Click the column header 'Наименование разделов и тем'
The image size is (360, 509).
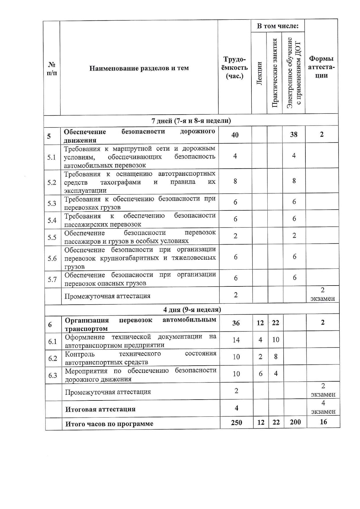(139, 68)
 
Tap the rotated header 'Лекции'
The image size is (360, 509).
(259, 73)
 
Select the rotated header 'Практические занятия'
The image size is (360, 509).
(275, 73)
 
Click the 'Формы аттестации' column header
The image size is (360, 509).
(321, 67)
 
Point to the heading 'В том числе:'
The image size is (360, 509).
(278, 26)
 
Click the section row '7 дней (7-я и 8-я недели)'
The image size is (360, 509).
(191, 120)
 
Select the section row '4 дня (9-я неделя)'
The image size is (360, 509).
(192, 309)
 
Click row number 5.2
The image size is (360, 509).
(52, 183)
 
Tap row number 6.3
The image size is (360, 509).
(53, 376)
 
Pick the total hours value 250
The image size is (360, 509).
(236, 423)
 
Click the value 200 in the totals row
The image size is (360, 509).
(295, 422)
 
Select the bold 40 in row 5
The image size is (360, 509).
(235, 135)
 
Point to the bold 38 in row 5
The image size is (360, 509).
(294, 134)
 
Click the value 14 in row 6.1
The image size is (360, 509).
(236, 340)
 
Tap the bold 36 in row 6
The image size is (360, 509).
(236, 323)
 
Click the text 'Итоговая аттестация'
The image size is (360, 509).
(100, 409)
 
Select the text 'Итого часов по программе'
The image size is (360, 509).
(109, 424)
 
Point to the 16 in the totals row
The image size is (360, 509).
(323, 422)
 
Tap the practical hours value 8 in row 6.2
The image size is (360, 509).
(276, 356)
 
